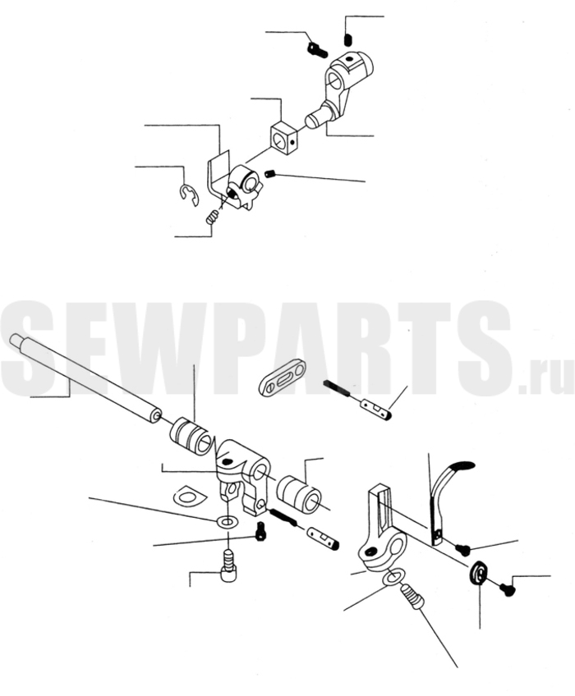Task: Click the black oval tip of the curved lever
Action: (462, 466)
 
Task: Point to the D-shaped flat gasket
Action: (187, 495)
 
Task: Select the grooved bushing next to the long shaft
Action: (191, 436)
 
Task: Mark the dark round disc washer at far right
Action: (479, 573)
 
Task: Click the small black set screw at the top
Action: (348, 39)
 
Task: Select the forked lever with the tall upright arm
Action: (383, 529)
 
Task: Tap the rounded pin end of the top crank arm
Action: (315, 119)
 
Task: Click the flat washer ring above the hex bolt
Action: (226, 521)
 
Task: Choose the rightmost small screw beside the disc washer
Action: (507, 589)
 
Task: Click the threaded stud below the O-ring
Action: (412, 597)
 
